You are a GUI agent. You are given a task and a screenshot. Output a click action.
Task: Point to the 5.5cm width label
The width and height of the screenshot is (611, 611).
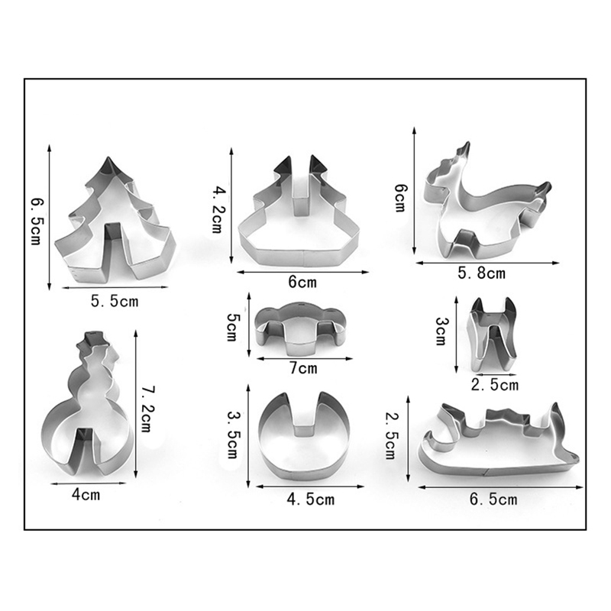[115, 301]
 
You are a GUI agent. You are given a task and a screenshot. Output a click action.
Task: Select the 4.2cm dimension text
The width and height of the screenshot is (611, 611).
[217, 209]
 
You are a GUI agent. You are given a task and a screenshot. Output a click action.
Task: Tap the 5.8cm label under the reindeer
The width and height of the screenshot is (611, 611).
[481, 273]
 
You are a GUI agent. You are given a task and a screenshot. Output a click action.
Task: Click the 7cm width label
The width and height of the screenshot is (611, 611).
[303, 368]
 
